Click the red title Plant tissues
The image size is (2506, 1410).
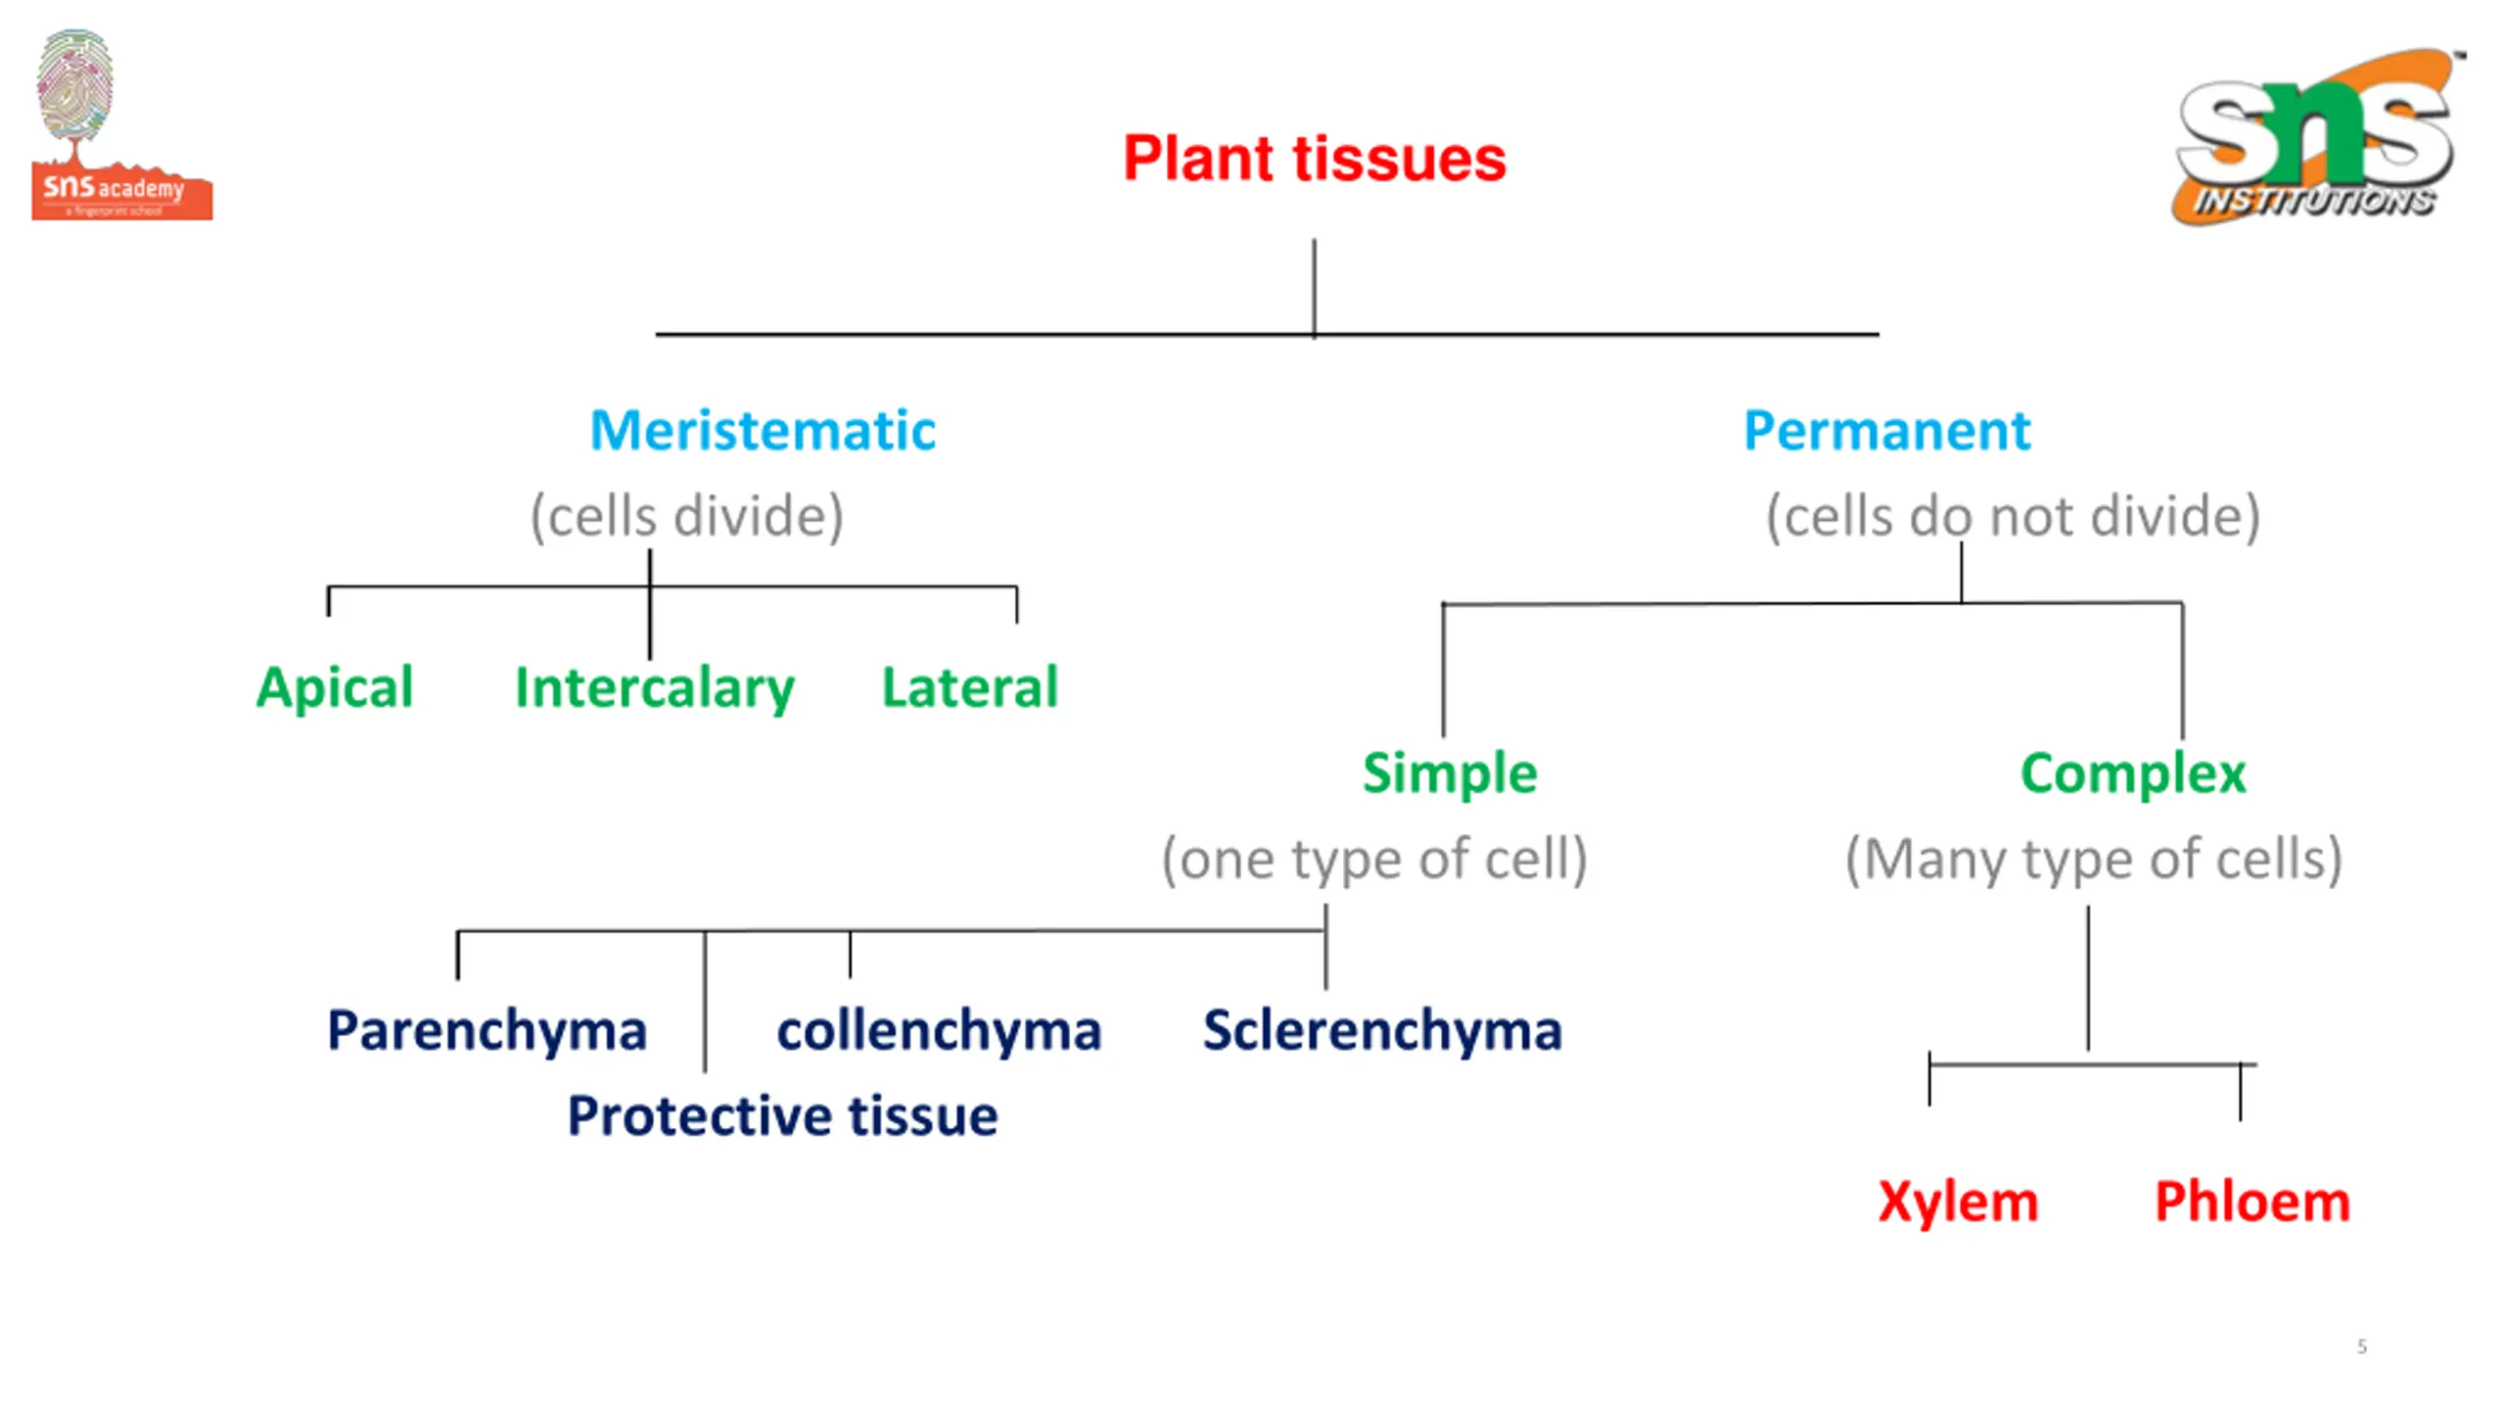point(1314,159)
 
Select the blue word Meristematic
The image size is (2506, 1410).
point(763,431)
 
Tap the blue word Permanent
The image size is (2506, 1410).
point(1886,431)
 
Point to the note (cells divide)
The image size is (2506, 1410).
point(686,517)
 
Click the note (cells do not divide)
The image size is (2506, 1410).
point(2013,517)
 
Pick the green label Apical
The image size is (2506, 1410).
point(335,688)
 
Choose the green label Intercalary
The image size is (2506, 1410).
point(655,688)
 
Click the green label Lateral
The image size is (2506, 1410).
point(970,687)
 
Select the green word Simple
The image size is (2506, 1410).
point(1450,775)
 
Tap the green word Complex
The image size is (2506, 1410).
point(2133,775)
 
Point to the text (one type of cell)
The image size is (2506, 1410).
point(1374,861)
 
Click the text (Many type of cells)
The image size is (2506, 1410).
point(2094,861)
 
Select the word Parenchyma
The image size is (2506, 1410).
point(487,1032)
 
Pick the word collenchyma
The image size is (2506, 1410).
point(939,1032)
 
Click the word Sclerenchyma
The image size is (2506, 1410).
point(1382,1032)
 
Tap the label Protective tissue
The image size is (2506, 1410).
point(782,1116)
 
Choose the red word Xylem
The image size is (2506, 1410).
point(1958,1203)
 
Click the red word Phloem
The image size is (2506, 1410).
point(2252,1202)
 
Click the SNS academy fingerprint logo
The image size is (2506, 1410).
point(121,124)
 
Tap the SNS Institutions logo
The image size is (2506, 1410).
point(2316,137)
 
